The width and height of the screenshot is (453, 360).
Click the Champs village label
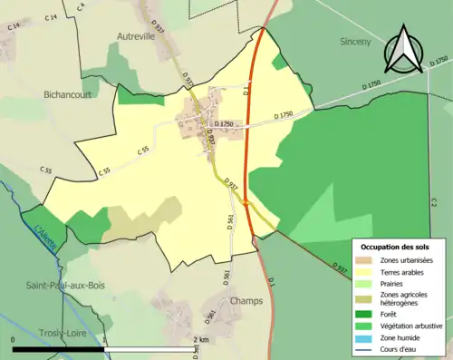(x=246, y=299)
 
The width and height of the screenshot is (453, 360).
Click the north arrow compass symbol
(x=406, y=50)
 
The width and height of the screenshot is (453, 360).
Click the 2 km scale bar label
(x=200, y=340)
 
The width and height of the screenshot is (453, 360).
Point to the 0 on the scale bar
(x=13, y=340)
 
